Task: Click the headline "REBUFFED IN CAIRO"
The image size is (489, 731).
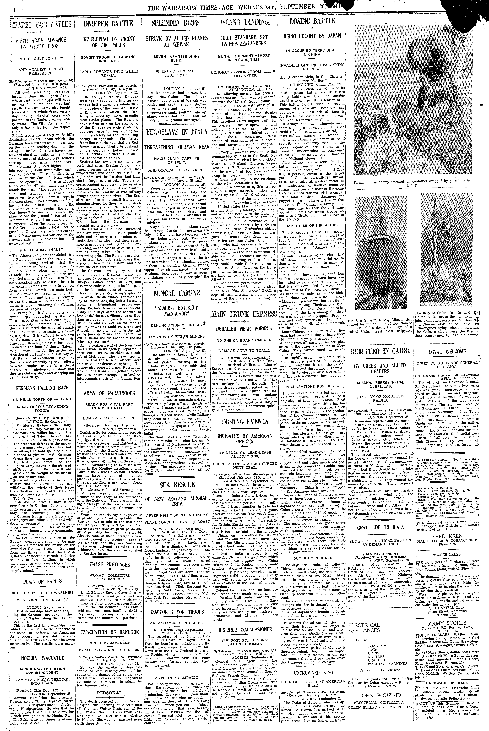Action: tap(380, 351)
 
